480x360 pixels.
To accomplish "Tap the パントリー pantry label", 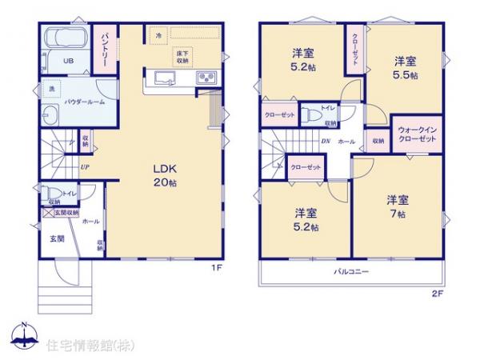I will [103, 50].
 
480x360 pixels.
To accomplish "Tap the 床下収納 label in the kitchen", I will [183, 55].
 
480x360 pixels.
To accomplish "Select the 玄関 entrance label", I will [56, 238].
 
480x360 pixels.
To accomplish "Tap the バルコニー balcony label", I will [351, 273].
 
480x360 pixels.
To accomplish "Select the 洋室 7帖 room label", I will [397, 206].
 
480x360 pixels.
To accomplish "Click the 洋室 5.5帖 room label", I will [405, 66].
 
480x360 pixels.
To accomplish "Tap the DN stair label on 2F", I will [326, 142].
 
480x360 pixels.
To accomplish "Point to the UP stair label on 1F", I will [84, 167].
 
